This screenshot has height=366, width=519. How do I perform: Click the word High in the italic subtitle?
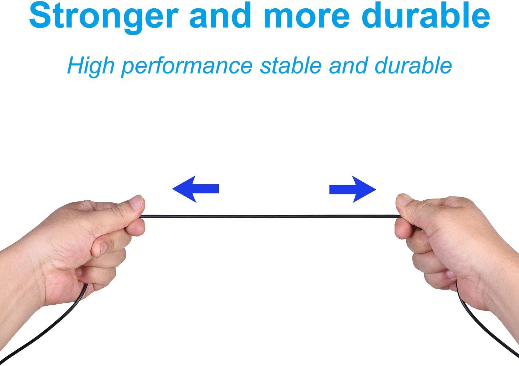tap(91, 67)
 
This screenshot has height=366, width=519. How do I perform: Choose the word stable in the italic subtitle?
tap(291, 66)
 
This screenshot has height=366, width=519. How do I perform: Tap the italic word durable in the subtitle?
tap(413, 66)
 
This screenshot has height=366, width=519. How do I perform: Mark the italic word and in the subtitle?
tap(348, 66)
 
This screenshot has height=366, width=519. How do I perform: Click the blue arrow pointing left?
tap(195, 189)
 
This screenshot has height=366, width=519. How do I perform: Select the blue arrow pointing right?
tap(353, 189)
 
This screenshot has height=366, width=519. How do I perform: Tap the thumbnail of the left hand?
tap(137, 202)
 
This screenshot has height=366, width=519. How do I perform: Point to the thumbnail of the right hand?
tap(404, 200)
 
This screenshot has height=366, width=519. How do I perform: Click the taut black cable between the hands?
tap(270, 217)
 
